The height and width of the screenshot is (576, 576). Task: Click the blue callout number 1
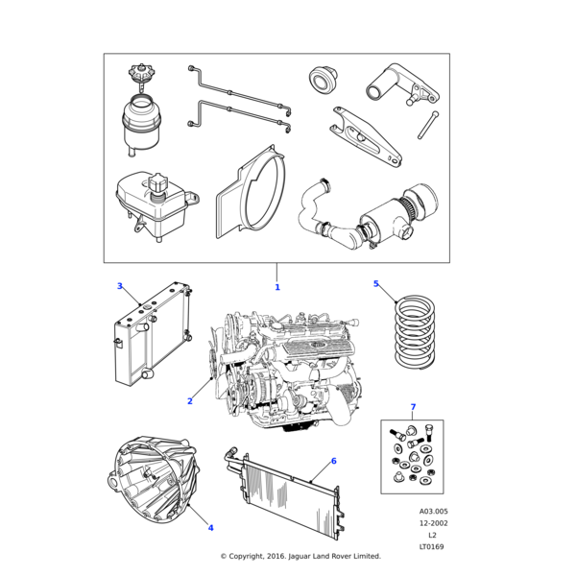pos(277,287)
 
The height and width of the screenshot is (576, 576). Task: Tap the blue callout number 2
pos(190,401)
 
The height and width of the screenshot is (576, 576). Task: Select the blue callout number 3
pos(120,286)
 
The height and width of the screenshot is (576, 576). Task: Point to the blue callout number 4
pos(210,528)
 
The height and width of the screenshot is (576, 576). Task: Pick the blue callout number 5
pos(375,283)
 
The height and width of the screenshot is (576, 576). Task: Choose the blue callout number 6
pos(333,461)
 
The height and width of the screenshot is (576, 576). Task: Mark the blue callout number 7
pos(413,407)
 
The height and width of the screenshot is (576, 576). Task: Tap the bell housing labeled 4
pos(155,479)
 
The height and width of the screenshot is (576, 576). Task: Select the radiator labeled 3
pos(153,333)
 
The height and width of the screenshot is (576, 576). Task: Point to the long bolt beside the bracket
pos(428,125)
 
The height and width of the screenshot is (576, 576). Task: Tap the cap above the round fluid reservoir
pos(141,75)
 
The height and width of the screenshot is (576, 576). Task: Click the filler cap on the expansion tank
pos(157,183)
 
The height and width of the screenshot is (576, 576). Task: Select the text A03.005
pos(434,512)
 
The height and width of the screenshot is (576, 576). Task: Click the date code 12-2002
pos(434,523)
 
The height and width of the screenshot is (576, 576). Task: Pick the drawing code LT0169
pos(432,546)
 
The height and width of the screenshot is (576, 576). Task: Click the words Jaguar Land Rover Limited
pos(335,556)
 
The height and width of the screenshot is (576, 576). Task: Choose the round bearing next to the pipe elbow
pos(323,80)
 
